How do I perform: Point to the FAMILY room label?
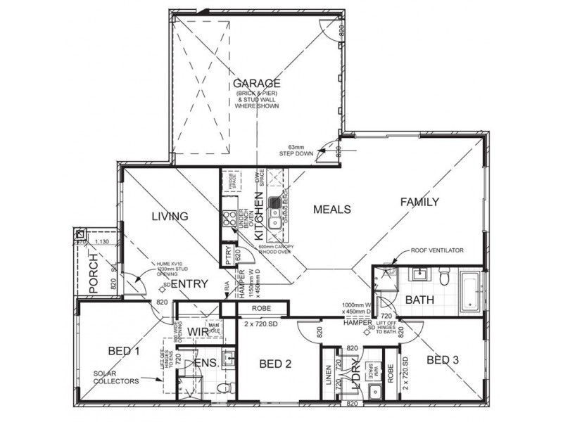point(419,202)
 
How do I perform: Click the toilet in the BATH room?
point(443,279)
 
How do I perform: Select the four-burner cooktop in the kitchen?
point(229,218)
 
